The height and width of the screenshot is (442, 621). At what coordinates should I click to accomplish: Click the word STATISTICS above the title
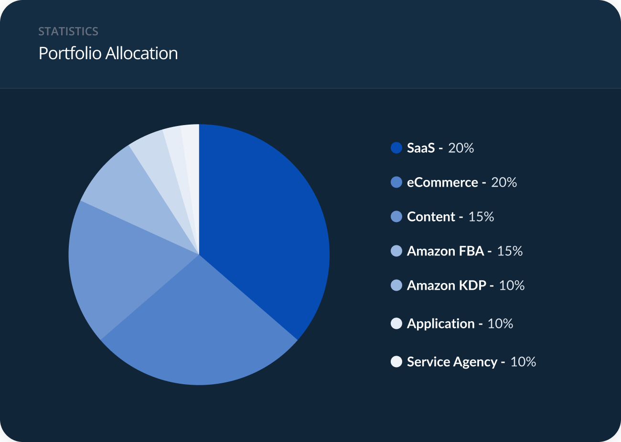point(68,32)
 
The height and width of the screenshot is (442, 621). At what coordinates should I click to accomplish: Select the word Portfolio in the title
point(70,53)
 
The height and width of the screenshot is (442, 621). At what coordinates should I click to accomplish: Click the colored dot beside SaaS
point(396,148)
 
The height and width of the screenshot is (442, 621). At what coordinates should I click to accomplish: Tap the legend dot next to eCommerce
point(396,182)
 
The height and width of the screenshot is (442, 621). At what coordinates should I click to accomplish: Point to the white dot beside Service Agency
point(396,362)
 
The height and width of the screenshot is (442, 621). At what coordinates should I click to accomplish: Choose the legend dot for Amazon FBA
point(396,251)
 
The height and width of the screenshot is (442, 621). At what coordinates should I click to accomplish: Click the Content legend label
point(431,217)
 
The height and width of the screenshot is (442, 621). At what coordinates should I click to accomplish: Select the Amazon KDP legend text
point(446,285)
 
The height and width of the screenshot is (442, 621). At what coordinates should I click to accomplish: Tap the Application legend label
point(440,324)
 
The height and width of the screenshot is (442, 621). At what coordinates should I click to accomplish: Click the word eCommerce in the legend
point(442,182)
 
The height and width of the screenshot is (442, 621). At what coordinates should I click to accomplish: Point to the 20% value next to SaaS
point(461,148)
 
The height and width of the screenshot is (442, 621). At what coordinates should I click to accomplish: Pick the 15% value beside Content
point(481,217)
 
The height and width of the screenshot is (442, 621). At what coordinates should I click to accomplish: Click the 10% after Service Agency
point(523,362)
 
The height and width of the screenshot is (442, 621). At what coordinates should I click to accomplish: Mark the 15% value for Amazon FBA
point(510,251)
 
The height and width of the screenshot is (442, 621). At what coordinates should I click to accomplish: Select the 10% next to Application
point(500,324)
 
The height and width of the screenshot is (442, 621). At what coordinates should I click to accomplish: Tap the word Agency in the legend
point(475,362)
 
